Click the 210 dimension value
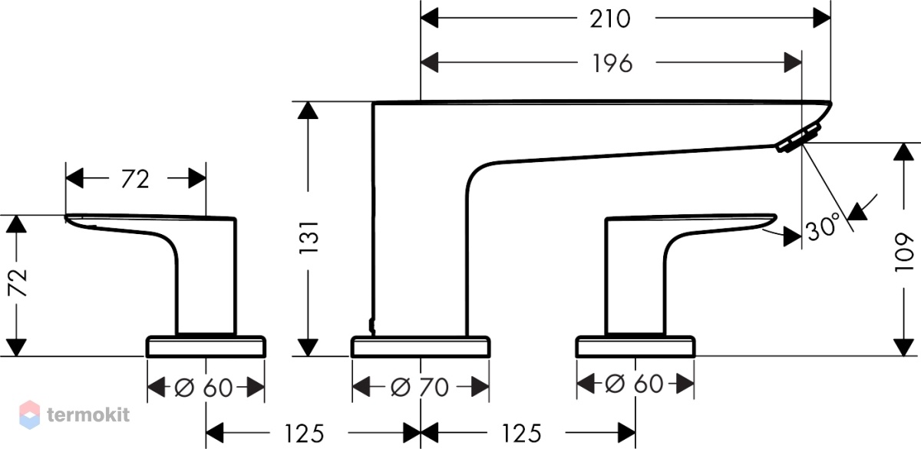(x=609, y=19)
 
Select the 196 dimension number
(x=612, y=64)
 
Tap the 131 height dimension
(x=309, y=238)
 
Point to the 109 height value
(x=903, y=252)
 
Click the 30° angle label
(x=822, y=226)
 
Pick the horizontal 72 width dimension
(x=135, y=180)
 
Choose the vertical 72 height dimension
(x=17, y=282)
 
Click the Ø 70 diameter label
(x=419, y=387)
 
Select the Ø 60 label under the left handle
(x=203, y=388)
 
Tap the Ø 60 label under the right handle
(x=634, y=383)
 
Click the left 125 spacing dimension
(x=304, y=433)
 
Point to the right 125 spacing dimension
(x=521, y=433)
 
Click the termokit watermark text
(x=88, y=414)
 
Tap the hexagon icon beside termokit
(x=30, y=414)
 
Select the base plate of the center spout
(x=421, y=347)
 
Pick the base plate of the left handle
(x=206, y=347)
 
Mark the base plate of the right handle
(x=635, y=347)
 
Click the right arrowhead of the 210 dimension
(x=822, y=18)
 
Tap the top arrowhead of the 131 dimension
(x=308, y=111)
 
